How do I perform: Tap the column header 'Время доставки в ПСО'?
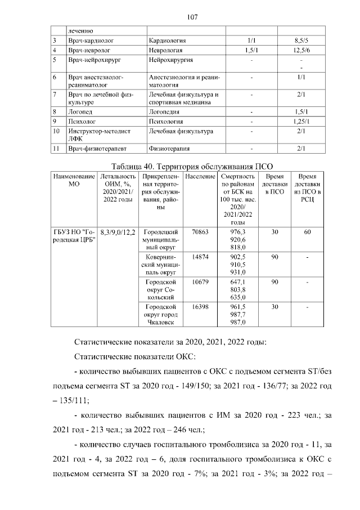[275, 184]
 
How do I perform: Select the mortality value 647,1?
[234, 281]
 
